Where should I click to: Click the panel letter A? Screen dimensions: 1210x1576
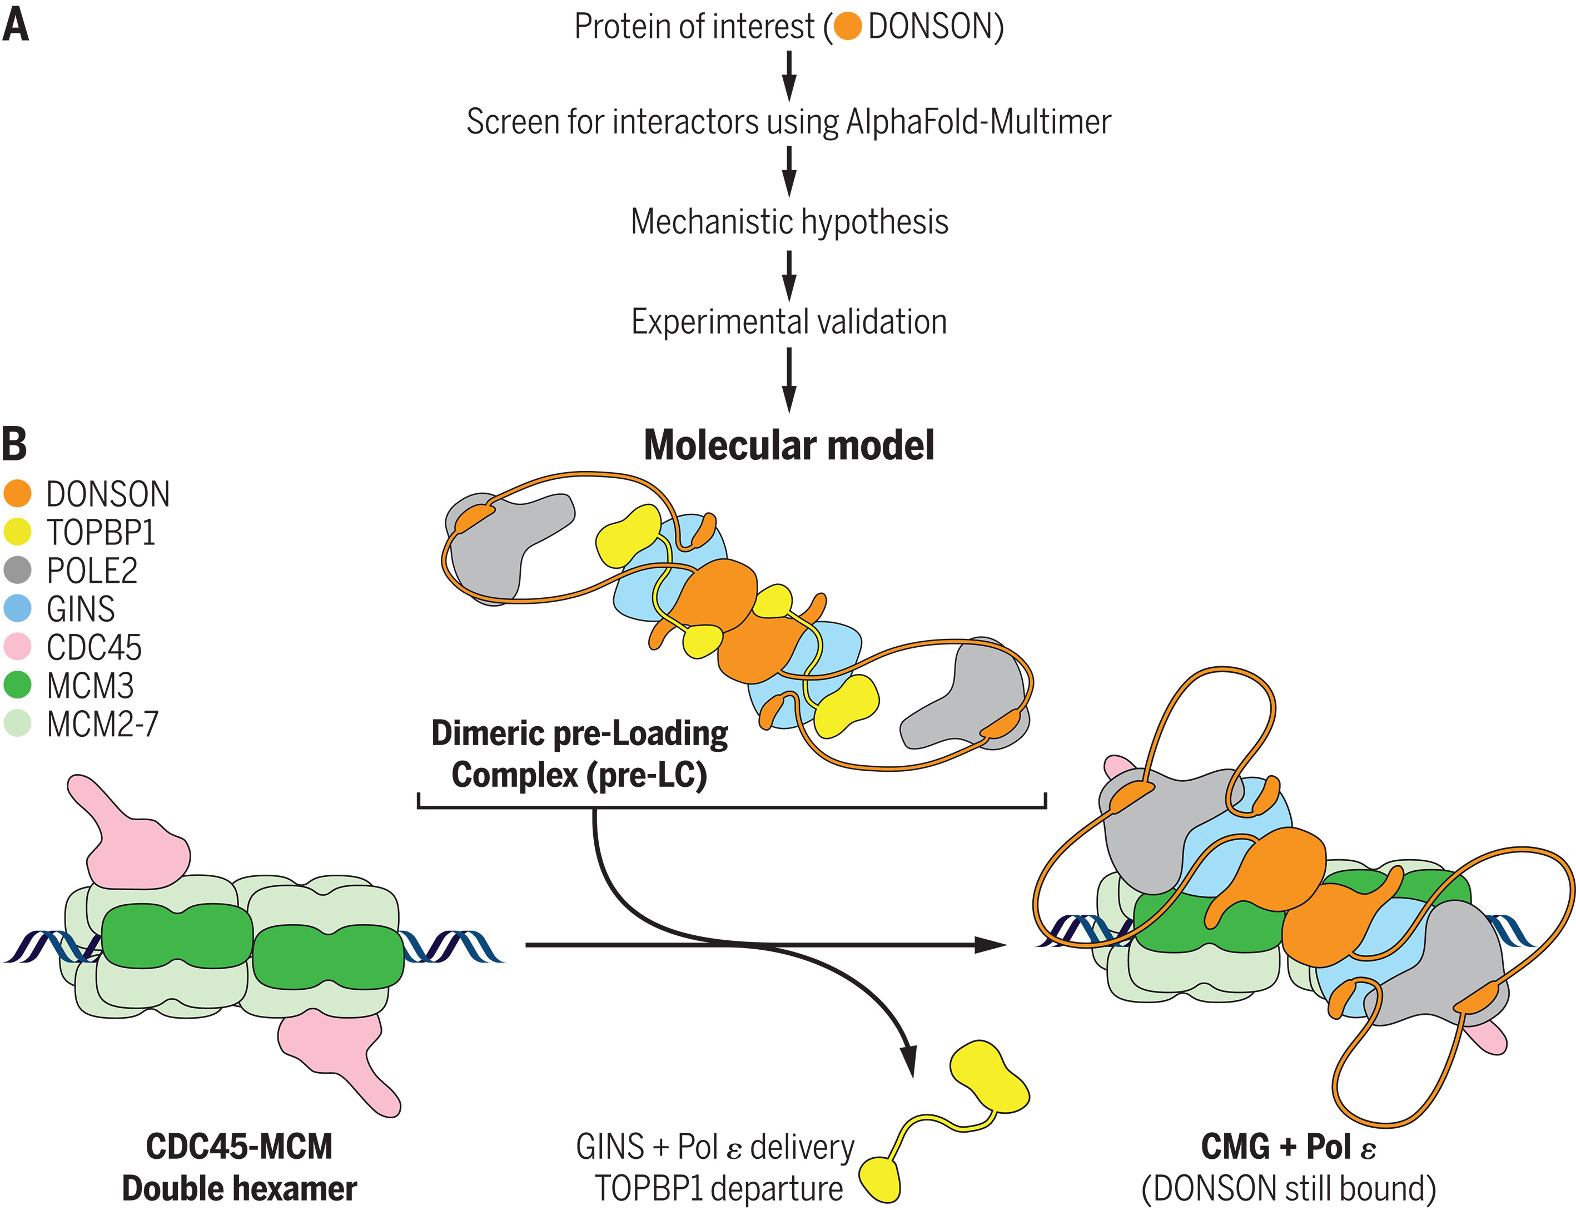point(15,26)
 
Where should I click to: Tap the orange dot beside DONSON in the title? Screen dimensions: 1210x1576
point(847,27)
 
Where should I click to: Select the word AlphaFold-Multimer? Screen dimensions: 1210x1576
point(978,122)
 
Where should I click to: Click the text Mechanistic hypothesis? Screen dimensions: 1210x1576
point(789,222)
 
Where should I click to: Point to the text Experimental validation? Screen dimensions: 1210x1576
point(789,322)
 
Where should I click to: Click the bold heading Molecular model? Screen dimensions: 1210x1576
point(789,445)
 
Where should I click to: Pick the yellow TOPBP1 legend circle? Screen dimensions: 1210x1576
point(17,532)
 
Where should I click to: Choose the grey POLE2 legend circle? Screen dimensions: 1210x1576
point(17,571)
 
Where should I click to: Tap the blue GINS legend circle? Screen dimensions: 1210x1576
point(17,608)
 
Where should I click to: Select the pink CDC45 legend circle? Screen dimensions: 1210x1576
point(17,647)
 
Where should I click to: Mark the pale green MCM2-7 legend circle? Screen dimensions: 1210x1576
point(17,723)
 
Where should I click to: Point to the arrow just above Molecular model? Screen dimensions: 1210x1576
point(789,380)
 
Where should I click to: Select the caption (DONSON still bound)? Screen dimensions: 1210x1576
point(1288,1188)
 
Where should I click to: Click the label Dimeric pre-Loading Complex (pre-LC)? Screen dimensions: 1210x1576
point(580,754)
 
